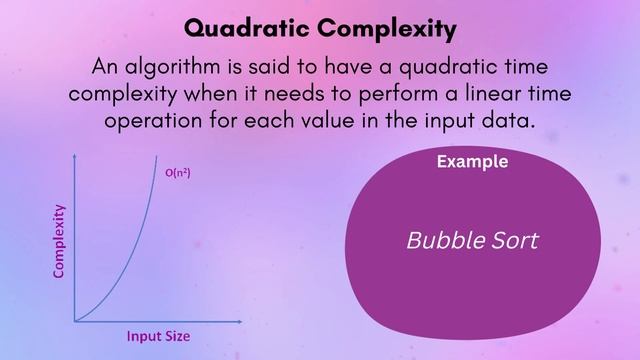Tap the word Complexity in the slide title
(x=395, y=28)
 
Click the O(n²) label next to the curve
(x=178, y=173)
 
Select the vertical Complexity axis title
(x=59, y=241)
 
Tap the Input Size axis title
(x=158, y=336)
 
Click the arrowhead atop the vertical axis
(x=75, y=158)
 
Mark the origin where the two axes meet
(x=75, y=321)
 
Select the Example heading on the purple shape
(x=472, y=162)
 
